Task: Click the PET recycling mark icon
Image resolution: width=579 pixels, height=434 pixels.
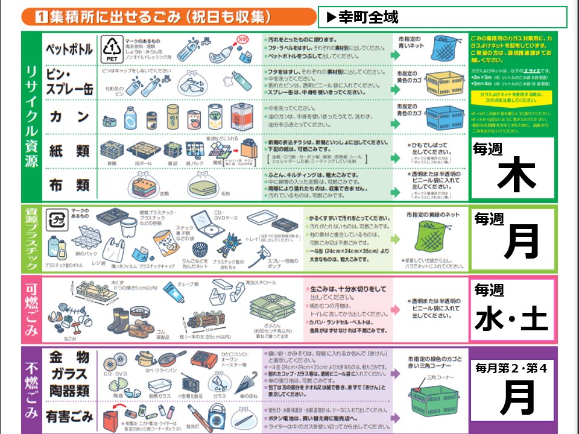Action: point(112,49)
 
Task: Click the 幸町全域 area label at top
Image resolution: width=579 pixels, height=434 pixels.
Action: point(366,17)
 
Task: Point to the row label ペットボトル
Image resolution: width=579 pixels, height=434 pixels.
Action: point(69,49)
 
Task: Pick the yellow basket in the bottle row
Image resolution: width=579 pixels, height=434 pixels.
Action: point(446,84)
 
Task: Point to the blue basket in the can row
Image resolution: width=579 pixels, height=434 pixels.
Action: point(446,118)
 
